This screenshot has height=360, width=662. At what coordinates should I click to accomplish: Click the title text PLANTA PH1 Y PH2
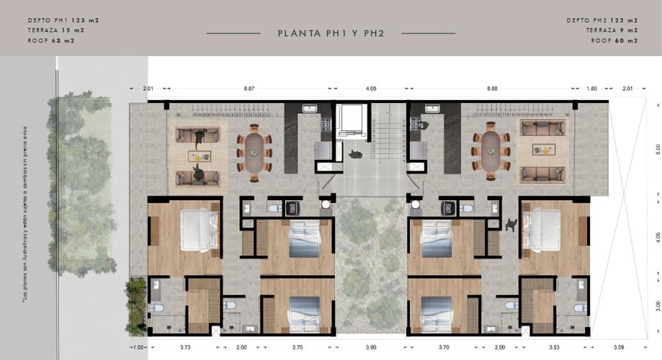[331, 33]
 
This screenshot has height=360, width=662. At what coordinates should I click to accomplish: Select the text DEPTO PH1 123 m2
[63, 20]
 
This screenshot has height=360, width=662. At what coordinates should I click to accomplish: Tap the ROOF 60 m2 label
[614, 41]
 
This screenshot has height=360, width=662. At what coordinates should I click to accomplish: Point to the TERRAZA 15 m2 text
[55, 30]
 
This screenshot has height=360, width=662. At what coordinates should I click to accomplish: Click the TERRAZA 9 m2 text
[612, 30]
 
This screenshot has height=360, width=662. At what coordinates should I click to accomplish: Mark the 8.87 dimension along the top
[249, 88]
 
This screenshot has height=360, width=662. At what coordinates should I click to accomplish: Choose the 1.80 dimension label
[592, 88]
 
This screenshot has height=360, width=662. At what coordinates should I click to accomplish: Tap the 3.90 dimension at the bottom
[370, 348]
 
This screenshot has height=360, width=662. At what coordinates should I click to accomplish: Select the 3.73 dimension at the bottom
[185, 348]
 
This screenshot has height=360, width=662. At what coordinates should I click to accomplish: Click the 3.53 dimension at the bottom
[554, 348]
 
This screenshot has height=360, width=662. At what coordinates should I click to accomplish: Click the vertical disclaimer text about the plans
[25, 216]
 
